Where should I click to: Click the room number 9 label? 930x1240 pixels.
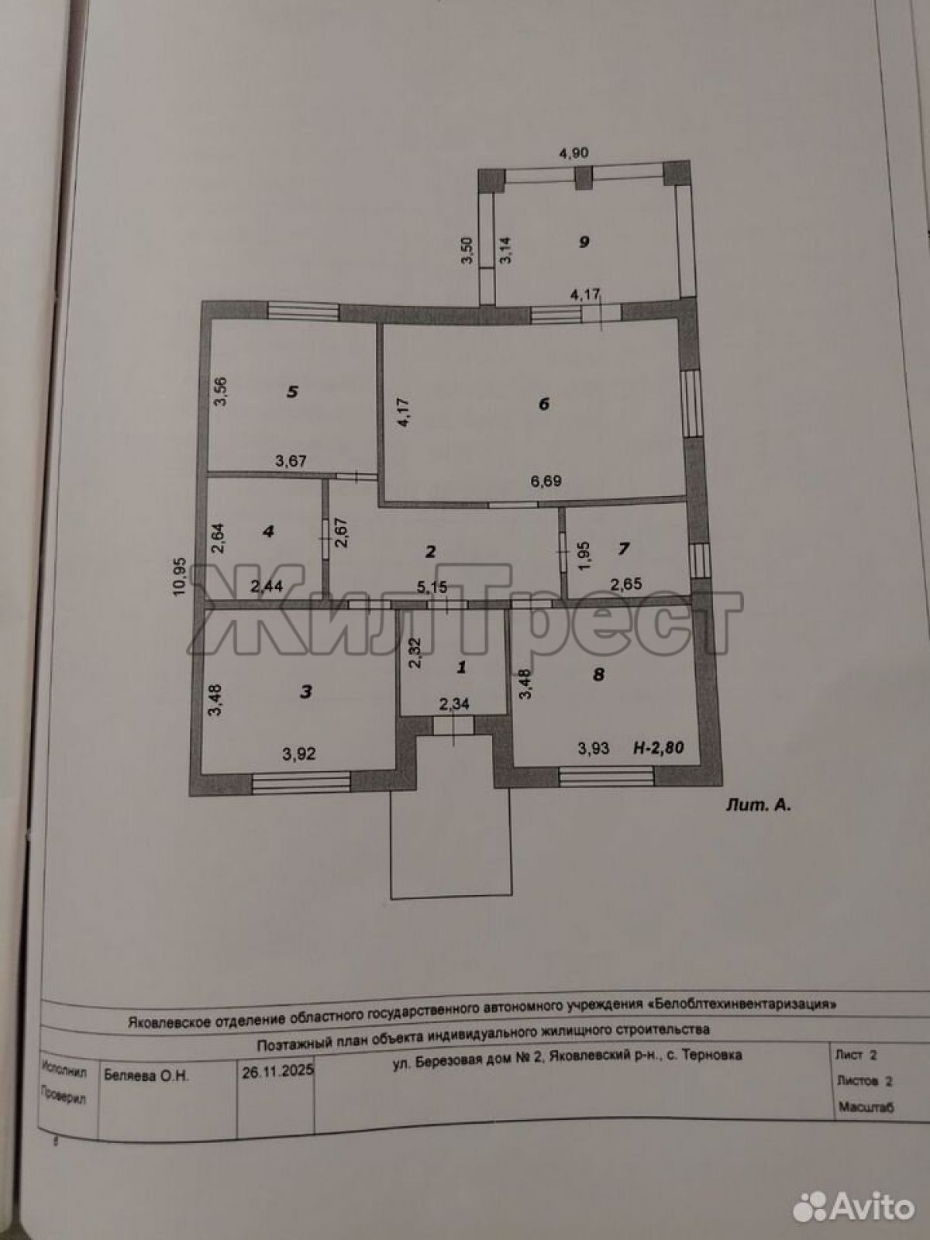coord(584,242)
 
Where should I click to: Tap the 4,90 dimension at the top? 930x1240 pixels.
coord(573,153)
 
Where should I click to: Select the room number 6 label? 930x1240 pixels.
coord(544,404)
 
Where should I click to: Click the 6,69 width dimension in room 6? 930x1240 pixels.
coord(546,481)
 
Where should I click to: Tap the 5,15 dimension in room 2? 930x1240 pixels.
coord(432,587)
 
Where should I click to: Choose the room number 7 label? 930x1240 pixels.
coord(623,548)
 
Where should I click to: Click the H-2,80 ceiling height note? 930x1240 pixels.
coord(659,747)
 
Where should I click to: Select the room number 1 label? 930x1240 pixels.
coord(461,667)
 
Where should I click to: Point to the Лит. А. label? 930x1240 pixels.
coord(758,806)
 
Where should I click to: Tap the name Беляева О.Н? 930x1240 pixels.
coord(146,1076)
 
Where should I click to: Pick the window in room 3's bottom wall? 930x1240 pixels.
coord(301,782)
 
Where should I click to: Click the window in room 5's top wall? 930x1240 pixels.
coord(303,312)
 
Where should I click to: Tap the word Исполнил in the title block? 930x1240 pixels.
coord(64,1070)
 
